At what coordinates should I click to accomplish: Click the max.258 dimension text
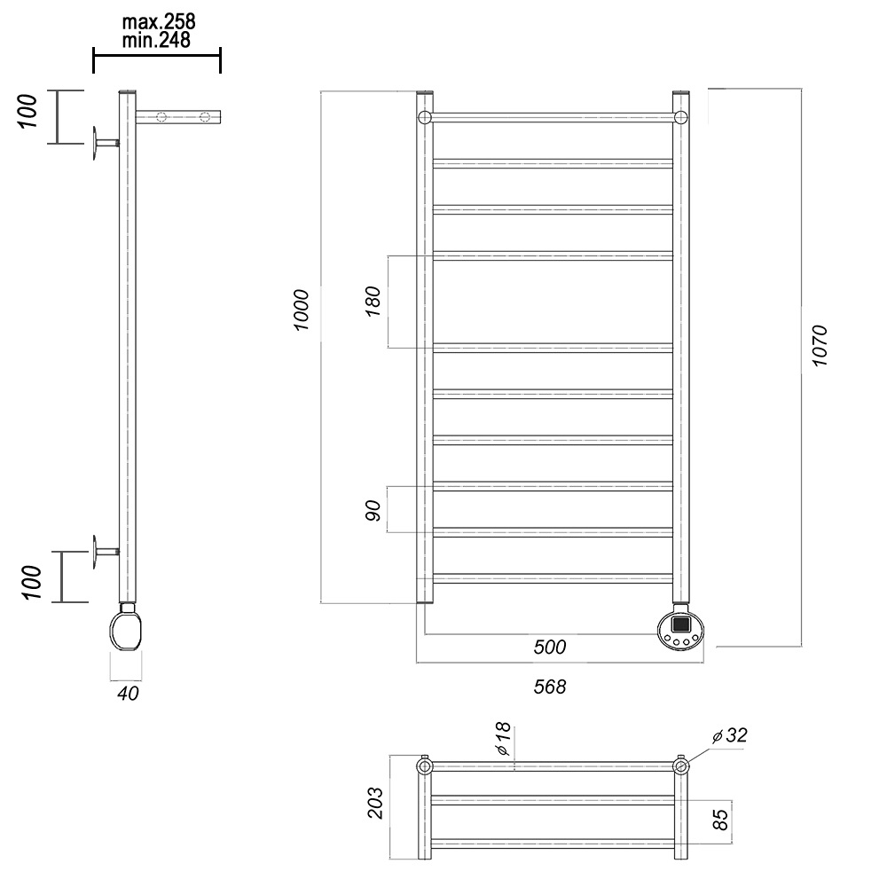[159, 22]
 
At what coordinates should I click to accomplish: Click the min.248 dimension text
[156, 40]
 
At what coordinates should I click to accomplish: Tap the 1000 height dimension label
[302, 310]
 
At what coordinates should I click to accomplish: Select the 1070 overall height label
[819, 346]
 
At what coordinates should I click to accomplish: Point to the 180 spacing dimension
[373, 302]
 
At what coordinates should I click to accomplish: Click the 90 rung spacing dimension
[373, 510]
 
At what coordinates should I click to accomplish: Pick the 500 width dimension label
[550, 647]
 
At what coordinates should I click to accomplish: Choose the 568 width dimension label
[550, 687]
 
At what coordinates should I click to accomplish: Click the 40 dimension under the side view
[128, 694]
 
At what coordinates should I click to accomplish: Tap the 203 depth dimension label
[375, 804]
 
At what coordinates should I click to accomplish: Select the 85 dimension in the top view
[720, 820]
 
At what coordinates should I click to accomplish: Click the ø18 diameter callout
[502, 739]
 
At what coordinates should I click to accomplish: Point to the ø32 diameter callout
[730, 735]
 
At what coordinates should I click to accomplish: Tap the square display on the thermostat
[681, 624]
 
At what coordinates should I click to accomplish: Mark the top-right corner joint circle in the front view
[680, 118]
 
